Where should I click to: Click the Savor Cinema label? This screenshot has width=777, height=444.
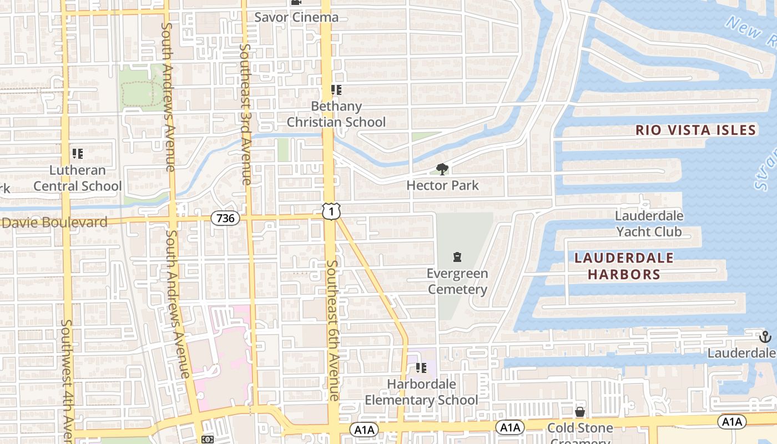(x=296, y=17)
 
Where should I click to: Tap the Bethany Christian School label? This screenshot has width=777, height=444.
(x=336, y=114)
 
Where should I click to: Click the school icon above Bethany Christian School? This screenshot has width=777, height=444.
(x=336, y=89)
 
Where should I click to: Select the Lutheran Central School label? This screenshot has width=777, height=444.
(x=77, y=178)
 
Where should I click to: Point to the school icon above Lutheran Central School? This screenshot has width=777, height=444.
(x=77, y=153)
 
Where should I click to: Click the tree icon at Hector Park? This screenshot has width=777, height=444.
(x=442, y=169)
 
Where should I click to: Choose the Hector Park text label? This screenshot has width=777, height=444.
(x=442, y=185)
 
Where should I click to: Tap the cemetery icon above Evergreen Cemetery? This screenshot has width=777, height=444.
(x=457, y=257)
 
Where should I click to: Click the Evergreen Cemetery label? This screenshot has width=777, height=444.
(x=457, y=281)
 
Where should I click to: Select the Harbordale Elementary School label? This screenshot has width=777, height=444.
(x=421, y=392)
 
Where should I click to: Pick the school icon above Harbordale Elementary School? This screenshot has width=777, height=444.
(x=421, y=367)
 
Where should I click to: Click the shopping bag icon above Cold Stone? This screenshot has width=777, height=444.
(x=580, y=412)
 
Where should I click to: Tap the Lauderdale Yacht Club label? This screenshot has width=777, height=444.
(x=649, y=223)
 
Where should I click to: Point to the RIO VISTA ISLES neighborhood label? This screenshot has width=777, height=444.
(x=696, y=130)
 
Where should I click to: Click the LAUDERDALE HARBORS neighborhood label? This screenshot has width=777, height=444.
(x=624, y=266)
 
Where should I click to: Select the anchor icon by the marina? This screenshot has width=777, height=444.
(x=765, y=336)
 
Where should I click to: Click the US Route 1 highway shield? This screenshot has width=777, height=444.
(x=331, y=211)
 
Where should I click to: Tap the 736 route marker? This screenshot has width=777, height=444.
(x=225, y=218)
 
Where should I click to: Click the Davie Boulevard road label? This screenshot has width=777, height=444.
(x=54, y=223)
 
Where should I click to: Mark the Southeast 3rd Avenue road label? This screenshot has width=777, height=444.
(x=245, y=114)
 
